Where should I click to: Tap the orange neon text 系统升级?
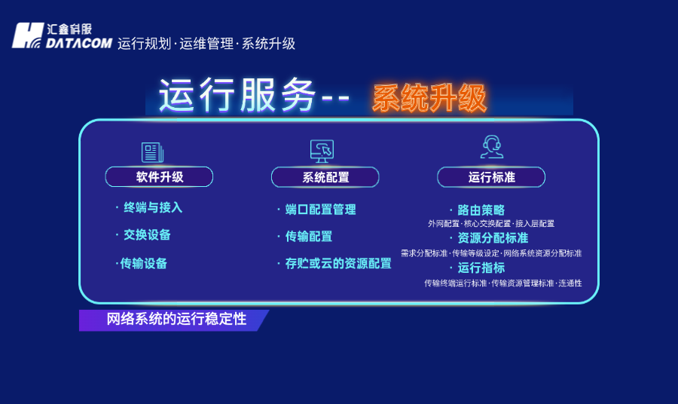(x=429, y=98)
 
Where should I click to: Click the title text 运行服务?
(x=237, y=96)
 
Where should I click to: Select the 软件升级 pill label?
(x=159, y=177)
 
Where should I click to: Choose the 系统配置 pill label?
(x=325, y=177)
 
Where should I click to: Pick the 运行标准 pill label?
(x=491, y=177)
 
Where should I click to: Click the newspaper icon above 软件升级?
(x=152, y=152)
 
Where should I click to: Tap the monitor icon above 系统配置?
(x=322, y=151)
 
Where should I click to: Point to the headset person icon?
(x=491, y=147)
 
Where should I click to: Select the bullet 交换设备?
(x=147, y=234)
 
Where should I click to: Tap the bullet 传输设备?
(x=144, y=263)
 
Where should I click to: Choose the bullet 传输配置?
(x=308, y=236)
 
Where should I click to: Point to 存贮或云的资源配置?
(x=338, y=263)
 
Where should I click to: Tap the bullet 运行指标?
(x=481, y=268)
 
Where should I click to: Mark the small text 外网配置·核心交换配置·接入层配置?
(x=491, y=224)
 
